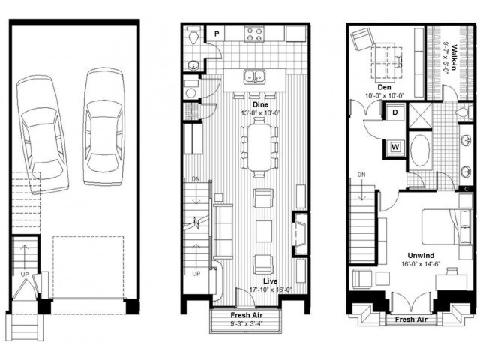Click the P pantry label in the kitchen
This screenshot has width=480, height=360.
click(216, 34)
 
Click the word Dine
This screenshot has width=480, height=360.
click(261, 103)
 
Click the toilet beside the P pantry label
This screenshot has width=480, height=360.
click(194, 35)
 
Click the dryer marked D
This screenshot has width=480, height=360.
click(394, 113)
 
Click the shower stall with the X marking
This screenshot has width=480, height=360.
click(421, 113)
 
